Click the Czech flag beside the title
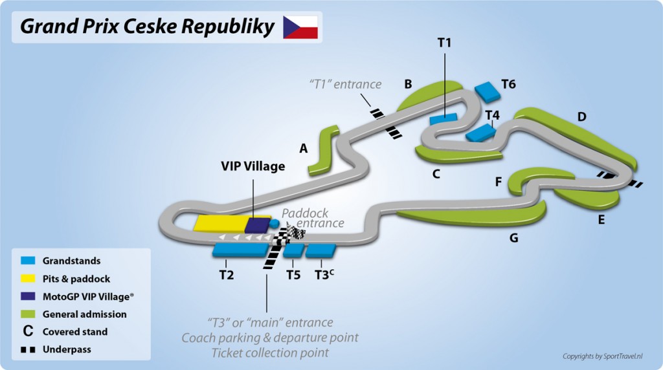(300, 27)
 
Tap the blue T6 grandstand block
(488, 91)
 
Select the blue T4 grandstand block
(480, 133)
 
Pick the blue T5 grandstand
(294, 250)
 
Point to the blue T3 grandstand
(320, 250)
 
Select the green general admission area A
(324, 150)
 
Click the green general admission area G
(473, 216)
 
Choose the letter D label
(581, 117)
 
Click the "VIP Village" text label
(253, 166)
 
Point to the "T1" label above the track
(444, 43)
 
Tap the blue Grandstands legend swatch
(28, 261)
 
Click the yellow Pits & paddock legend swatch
(28, 279)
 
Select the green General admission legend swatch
(28, 314)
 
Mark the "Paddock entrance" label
(313, 218)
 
